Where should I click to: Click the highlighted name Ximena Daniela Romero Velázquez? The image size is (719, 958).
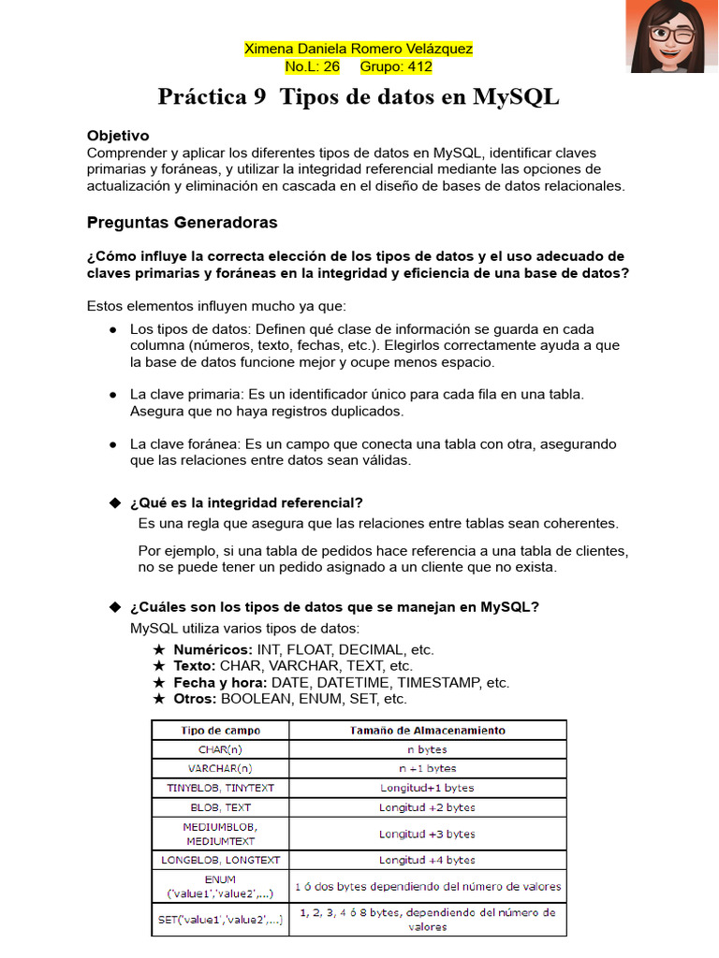[x=359, y=49]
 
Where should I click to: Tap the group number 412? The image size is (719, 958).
[x=416, y=66]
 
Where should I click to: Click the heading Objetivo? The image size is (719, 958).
[x=118, y=136]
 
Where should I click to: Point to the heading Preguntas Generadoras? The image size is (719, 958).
[x=182, y=223]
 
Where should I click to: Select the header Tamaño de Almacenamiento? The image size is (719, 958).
[x=427, y=730]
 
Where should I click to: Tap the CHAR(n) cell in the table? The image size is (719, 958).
[x=220, y=749]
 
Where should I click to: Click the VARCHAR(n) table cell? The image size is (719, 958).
[x=220, y=768]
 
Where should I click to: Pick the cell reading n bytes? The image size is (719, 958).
[x=427, y=749]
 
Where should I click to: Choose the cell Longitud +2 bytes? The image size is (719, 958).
[x=427, y=806]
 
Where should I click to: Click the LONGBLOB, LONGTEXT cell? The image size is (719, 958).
[x=220, y=859]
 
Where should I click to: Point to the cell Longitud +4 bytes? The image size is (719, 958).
[x=427, y=859]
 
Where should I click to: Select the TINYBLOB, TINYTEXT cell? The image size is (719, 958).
[x=220, y=788]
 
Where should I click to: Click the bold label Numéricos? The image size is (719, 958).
[x=213, y=649]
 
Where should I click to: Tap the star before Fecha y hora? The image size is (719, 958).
[x=159, y=683]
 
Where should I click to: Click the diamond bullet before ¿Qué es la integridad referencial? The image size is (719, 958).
[x=116, y=502]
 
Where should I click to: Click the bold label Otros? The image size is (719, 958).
[x=195, y=699]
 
